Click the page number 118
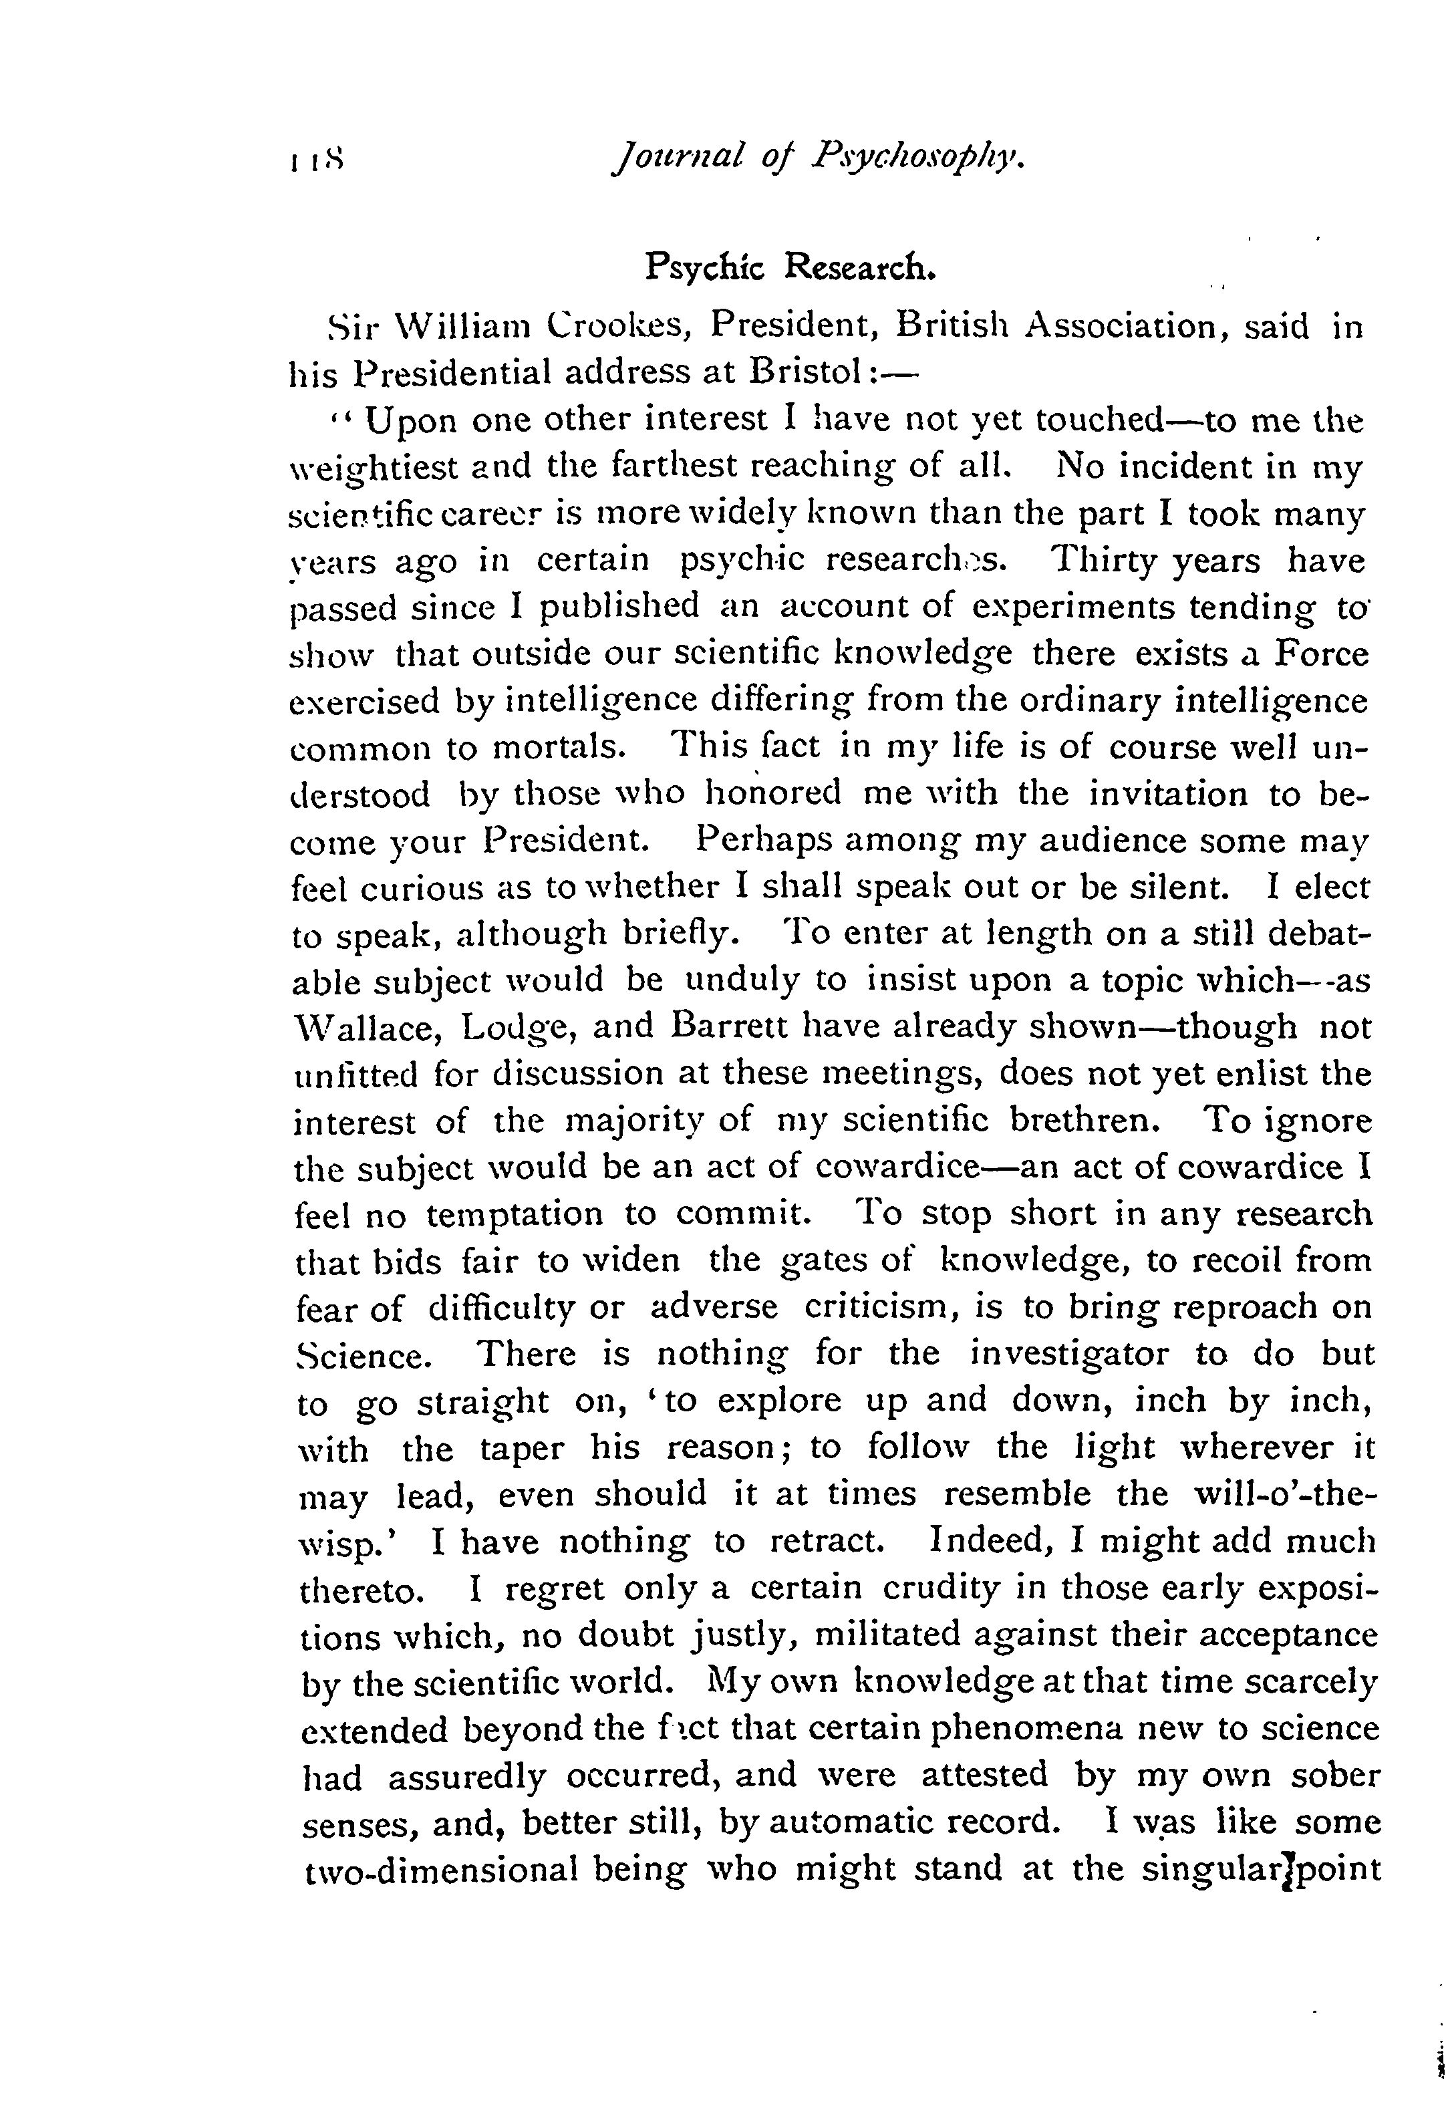pos(315,162)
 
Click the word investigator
pos(1068,1354)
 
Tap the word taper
pos(523,1447)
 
